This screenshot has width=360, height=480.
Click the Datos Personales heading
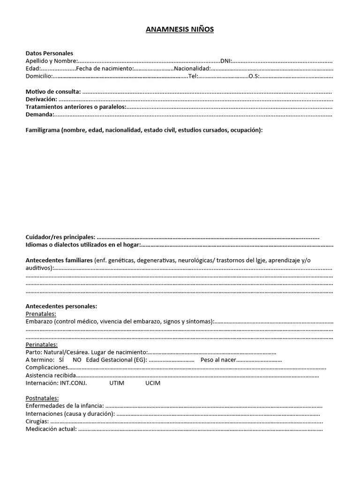(x=49, y=53)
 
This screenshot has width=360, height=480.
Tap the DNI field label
(x=226, y=61)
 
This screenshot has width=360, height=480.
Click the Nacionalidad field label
(x=192, y=68)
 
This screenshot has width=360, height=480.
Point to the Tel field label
(x=193, y=76)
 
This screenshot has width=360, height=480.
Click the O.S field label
(x=254, y=76)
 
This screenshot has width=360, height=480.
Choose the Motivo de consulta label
(x=53, y=91)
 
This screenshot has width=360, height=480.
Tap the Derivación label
(x=41, y=99)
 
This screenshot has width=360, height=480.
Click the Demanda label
(x=40, y=114)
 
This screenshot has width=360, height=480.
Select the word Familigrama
(x=42, y=130)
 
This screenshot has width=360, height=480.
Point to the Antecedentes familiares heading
(x=59, y=260)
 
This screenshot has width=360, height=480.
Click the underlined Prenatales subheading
(x=41, y=314)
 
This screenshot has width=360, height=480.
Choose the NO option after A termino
(x=77, y=360)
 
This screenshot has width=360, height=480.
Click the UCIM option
(x=153, y=383)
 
